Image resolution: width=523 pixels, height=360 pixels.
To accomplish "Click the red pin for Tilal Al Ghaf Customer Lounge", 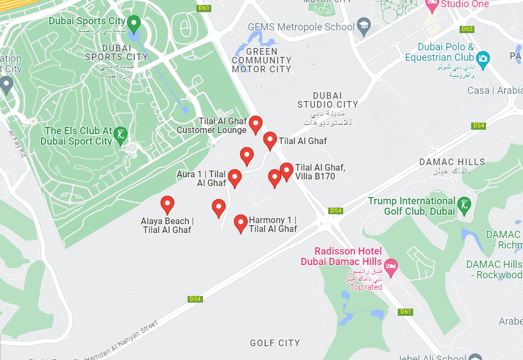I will click(x=255, y=124).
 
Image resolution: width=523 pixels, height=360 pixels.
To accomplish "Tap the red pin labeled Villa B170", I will click(x=286, y=171).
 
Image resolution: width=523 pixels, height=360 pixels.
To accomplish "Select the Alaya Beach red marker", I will click(x=167, y=204).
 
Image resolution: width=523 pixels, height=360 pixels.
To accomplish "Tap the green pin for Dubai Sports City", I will click(x=134, y=23).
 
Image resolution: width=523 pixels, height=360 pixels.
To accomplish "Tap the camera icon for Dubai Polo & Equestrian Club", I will click(x=483, y=59).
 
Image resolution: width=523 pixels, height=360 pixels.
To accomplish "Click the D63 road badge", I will click(x=467, y=29).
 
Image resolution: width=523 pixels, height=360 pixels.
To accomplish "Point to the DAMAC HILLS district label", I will click(x=452, y=162).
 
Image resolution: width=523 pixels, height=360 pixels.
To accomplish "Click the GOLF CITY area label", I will click(x=275, y=343).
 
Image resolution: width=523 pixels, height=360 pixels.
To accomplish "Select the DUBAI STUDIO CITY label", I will click(x=328, y=100).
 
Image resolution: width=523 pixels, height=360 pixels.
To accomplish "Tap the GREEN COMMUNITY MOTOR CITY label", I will click(x=261, y=60).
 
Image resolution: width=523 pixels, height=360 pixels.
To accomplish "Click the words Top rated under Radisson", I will click(x=366, y=287).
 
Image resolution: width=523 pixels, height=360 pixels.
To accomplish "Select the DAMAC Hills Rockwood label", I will click(x=495, y=269).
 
